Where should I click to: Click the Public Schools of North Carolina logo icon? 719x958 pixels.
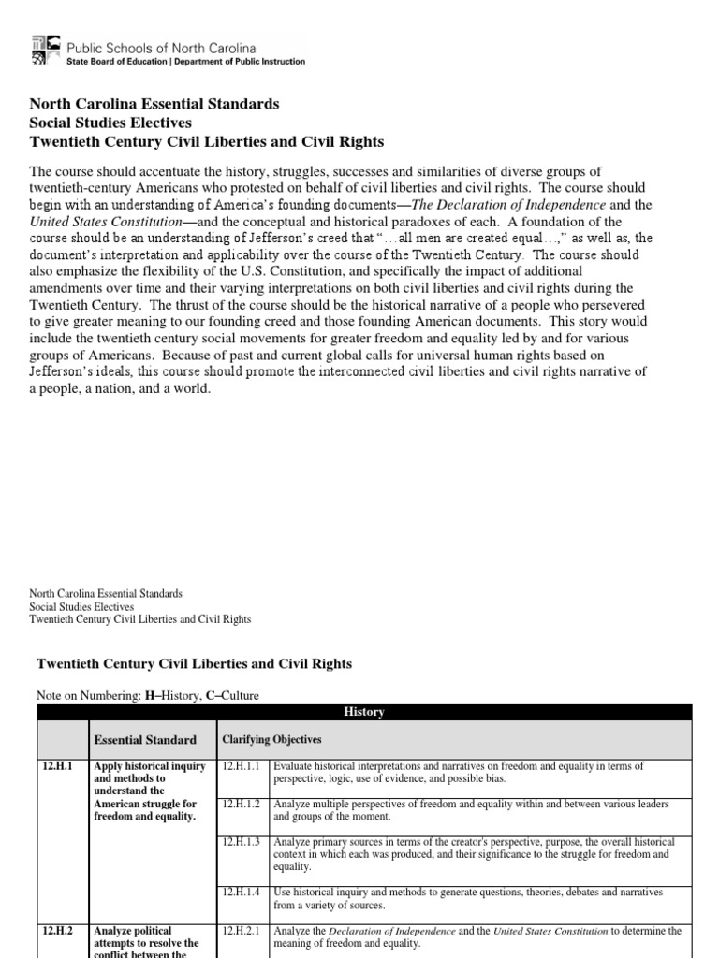[46, 51]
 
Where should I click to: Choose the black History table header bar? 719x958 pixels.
[364, 712]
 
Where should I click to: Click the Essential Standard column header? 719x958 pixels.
[145, 739]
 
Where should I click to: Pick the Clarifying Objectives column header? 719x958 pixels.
[271, 739]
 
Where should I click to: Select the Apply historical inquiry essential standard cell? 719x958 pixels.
[150, 791]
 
